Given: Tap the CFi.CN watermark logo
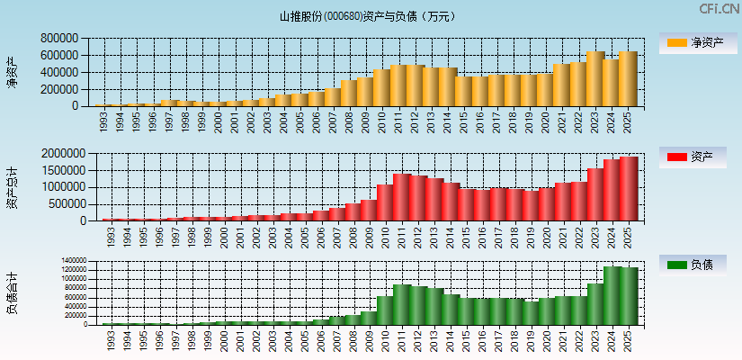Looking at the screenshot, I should tap(720, 9).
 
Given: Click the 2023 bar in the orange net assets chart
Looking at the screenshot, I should tap(594, 79).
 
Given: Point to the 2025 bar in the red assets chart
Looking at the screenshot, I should tap(627, 189).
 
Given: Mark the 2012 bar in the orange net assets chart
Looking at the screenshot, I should tap(416, 85).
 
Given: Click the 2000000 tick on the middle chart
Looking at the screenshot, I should tap(63, 154).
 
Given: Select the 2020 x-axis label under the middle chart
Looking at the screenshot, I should tap(545, 236).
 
